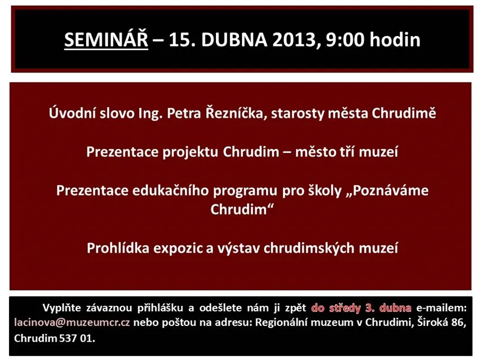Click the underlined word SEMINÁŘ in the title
(106, 39)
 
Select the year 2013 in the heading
(294, 40)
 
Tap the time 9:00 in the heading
(345, 40)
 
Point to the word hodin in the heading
(395, 39)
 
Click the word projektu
(190, 152)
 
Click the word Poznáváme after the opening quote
(391, 191)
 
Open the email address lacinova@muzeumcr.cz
(72, 323)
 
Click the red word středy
(345, 308)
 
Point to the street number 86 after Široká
(458, 323)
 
